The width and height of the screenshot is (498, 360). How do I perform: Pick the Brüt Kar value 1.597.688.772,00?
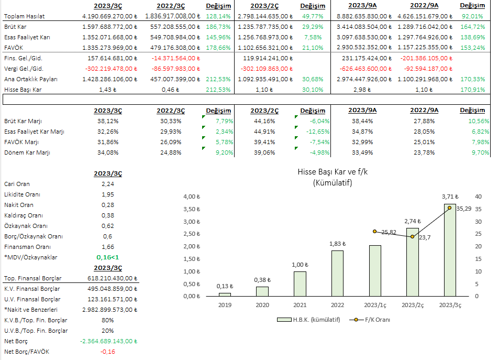(108, 27)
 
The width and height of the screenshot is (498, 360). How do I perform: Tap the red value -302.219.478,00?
(108, 69)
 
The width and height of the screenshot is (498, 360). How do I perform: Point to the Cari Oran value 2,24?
(107, 184)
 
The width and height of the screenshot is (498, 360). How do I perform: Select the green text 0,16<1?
(107, 257)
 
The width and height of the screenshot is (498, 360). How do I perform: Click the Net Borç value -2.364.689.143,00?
(107, 341)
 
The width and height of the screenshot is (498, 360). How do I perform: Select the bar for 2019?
(225, 294)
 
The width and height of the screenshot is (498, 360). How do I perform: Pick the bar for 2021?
(300, 283)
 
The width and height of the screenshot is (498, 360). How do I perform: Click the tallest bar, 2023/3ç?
(449, 250)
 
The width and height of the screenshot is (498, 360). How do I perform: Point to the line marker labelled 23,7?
(412, 237)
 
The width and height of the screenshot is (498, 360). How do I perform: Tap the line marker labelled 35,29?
(449, 208)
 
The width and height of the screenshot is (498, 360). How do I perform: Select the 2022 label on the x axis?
(337, 304)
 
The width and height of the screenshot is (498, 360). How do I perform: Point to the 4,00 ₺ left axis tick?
(191, 197)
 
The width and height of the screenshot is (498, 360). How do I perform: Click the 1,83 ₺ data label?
(337, 244)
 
